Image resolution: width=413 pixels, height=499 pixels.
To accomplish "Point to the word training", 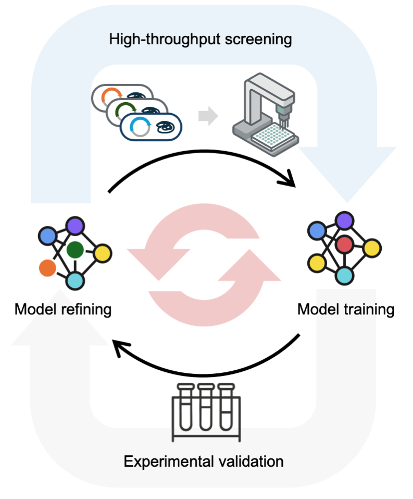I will [x=370, y=309].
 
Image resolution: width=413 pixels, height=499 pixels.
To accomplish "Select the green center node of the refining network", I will [x=75, y=250].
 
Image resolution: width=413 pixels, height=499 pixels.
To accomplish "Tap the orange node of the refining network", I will [x=47, y=268].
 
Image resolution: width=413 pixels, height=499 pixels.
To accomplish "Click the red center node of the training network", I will [x=344, y=244].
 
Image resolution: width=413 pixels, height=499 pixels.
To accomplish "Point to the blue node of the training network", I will [x=317, y=230].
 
